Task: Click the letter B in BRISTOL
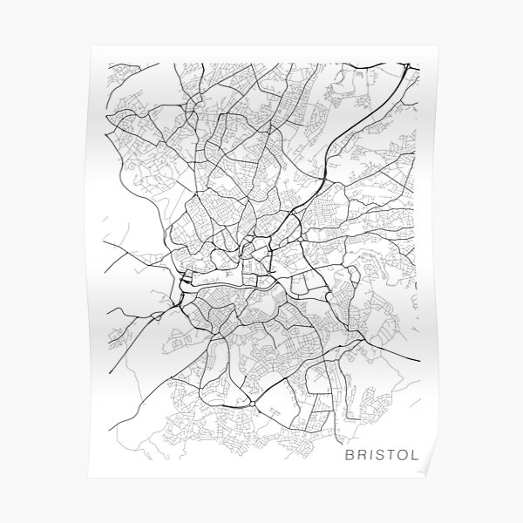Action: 350,454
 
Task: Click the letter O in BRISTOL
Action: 409,454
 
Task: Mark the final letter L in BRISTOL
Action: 422,454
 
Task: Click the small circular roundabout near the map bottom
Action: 253,404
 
